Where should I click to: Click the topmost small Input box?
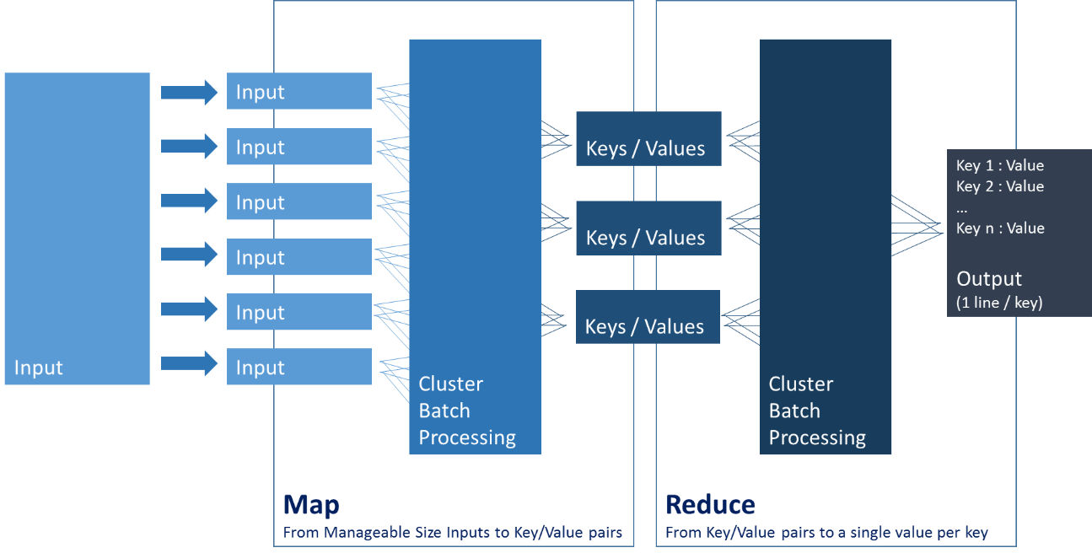(x=299, y=91)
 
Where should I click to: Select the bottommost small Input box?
(x=299, y=367)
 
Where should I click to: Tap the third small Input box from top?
(x=299, y=201)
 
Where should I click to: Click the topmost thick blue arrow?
(x=190, y=91)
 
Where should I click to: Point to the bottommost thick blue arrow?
(x=190, y=364)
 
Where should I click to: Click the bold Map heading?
(x=311, y=505)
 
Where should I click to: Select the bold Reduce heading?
(x=710, y=505)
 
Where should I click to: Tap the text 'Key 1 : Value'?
(x=1000, y=166)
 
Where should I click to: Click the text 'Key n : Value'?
(x=1000, y=228)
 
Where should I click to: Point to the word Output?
(x=989, y=279)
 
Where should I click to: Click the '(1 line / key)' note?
(x=999, y=303)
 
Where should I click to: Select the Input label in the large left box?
(x=39, y=368)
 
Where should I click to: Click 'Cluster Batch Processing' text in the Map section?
(x=467, y=411)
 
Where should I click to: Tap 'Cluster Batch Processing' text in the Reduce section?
(x=817, y=411)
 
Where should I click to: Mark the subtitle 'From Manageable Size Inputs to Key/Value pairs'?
(x=452, y=533)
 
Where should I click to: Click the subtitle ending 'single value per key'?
(x=826, y=533)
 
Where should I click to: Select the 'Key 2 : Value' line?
(x=1000, y=187)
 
